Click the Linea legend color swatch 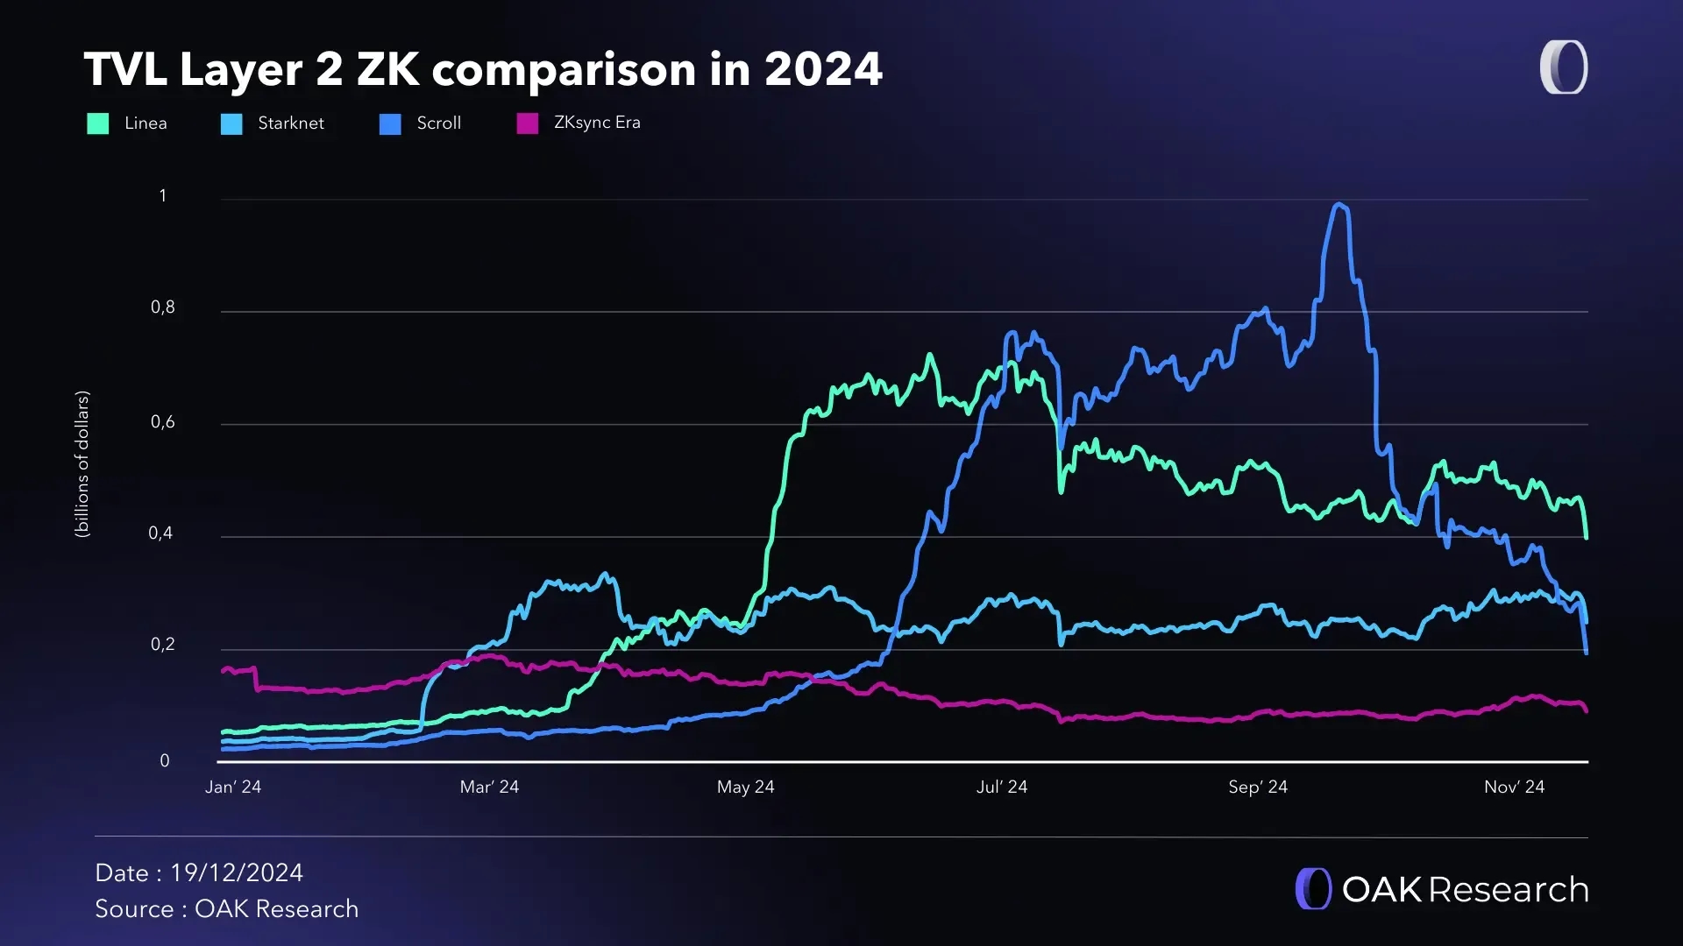click(x=98, y=124)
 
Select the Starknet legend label click(x=291, y=124)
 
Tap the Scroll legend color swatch click(x=390, y=124)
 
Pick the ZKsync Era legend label click(x=597, y=123)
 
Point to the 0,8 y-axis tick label click(x=163, y=307)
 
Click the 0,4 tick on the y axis click(x=161, y=533)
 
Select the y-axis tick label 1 click(x=163, y=196)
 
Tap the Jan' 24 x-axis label click(x=233, y=787)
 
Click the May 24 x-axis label click(x=746, y=787)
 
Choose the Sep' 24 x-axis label click(x=1258, y=787)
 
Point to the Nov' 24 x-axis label click(x=1514, y=787)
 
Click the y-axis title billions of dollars click(x=82, y=464)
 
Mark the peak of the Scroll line click(x=1339, y=205)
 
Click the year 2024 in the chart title click(x=823, y=69)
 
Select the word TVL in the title click(x=125, y=69)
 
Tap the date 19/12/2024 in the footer click(x=237, y=873)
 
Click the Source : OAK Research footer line click(x=227, y=909)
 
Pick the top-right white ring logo click(x=1564, y=67)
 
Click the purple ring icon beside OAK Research click(x=1313, y=889)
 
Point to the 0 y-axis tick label click(x=165, y=761)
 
